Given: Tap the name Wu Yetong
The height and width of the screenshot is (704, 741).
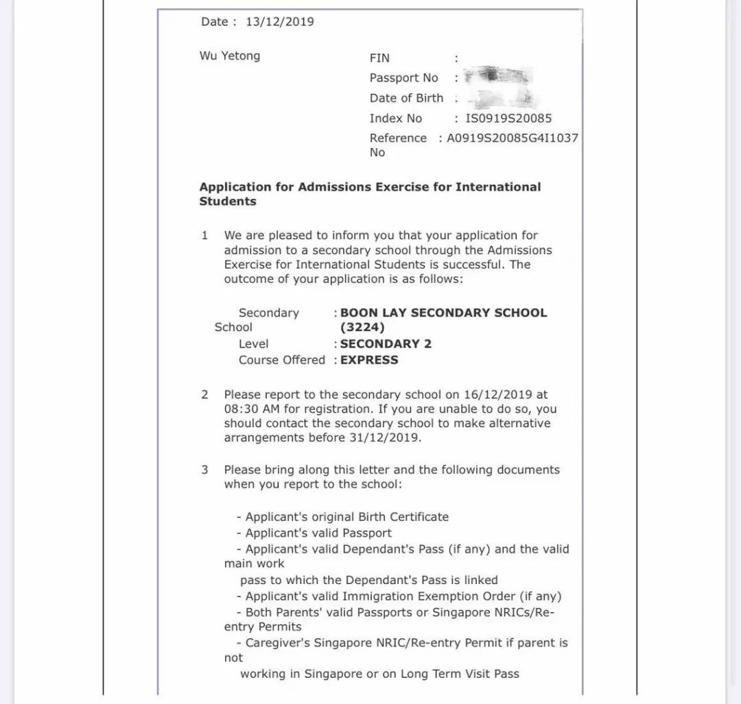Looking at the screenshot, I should coord(230,56).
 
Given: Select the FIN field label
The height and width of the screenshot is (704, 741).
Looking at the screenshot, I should coord(379,58).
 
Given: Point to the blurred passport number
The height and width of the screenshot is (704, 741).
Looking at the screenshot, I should coord(499,76).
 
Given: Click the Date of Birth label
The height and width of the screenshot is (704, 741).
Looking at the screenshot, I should coord(406,98).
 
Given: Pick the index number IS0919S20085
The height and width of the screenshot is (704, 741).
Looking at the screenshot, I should coord(508,118).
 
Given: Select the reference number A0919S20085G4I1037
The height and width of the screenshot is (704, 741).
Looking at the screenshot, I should coord(513,138).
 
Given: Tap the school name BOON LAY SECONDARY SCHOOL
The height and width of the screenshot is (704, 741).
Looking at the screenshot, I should coord(444,313).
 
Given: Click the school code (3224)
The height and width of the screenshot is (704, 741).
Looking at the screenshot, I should coord(362,328).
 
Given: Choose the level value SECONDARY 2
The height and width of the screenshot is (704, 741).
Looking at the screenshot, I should coord(386,344).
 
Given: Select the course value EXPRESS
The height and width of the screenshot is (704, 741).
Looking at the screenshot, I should coord(369,360).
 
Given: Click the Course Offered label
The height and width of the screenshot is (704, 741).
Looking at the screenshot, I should coord(281,360).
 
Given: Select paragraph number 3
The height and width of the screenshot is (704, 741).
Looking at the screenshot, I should coord(204,470).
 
